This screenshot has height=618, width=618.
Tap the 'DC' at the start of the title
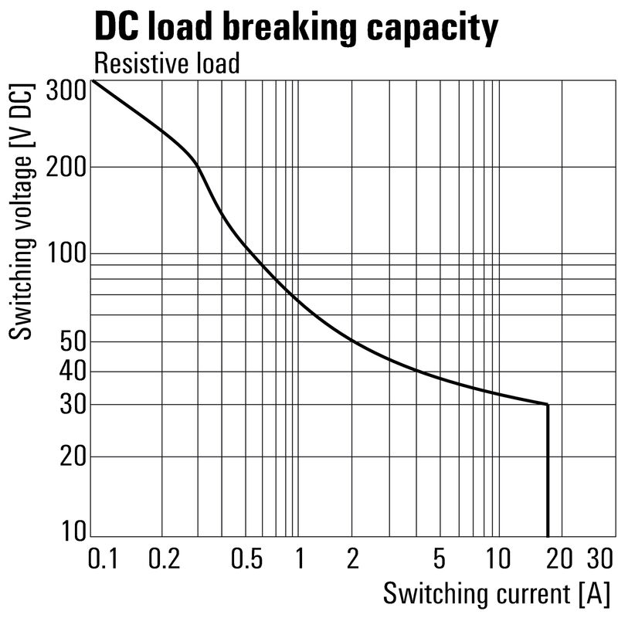115,28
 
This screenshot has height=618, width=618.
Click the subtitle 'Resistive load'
166,63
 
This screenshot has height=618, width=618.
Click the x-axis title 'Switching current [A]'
496,594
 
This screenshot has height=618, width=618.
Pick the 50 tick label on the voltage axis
72,341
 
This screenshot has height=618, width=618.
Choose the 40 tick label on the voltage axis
72,372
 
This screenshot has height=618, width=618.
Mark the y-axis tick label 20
72,457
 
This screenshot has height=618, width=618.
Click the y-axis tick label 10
72,532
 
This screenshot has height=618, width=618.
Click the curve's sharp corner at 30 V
548,404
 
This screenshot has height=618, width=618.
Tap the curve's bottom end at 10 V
548,535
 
